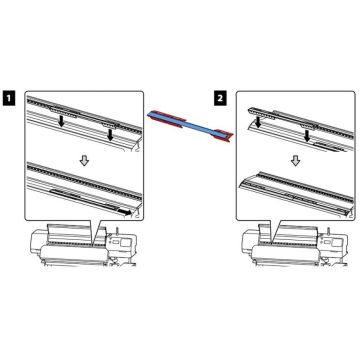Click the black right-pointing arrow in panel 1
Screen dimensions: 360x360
122,211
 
